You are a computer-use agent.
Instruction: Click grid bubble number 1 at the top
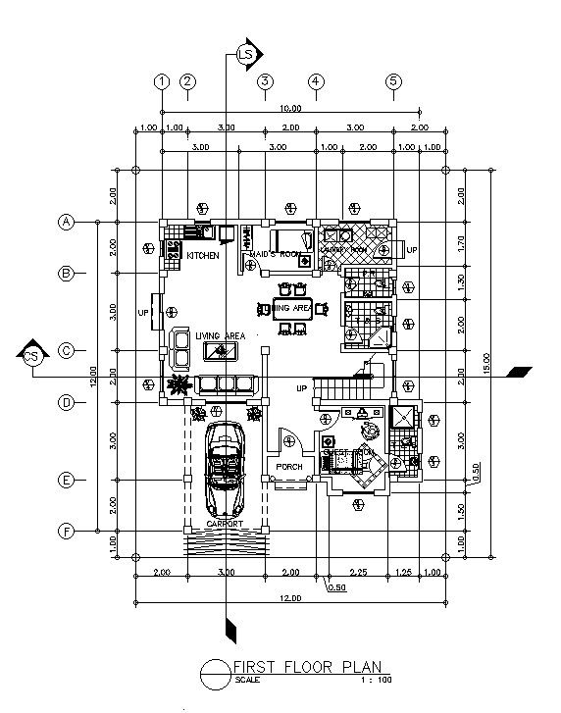[163, 81]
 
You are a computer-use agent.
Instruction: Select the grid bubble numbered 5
[393, 81]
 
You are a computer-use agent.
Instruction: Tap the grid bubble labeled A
[67, 222]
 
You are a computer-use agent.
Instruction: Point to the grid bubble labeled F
[67, 532]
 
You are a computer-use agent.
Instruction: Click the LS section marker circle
[247, 54]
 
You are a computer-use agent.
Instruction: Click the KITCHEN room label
[204, 255]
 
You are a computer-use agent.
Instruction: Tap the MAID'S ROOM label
[273, 255]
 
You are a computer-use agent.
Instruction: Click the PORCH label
[288, 467]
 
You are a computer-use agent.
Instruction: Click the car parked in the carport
[226, 469]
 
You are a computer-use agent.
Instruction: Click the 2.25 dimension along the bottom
[361, 572]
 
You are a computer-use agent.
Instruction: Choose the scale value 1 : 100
[376, 680]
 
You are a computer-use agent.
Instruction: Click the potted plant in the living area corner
[178, 383]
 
